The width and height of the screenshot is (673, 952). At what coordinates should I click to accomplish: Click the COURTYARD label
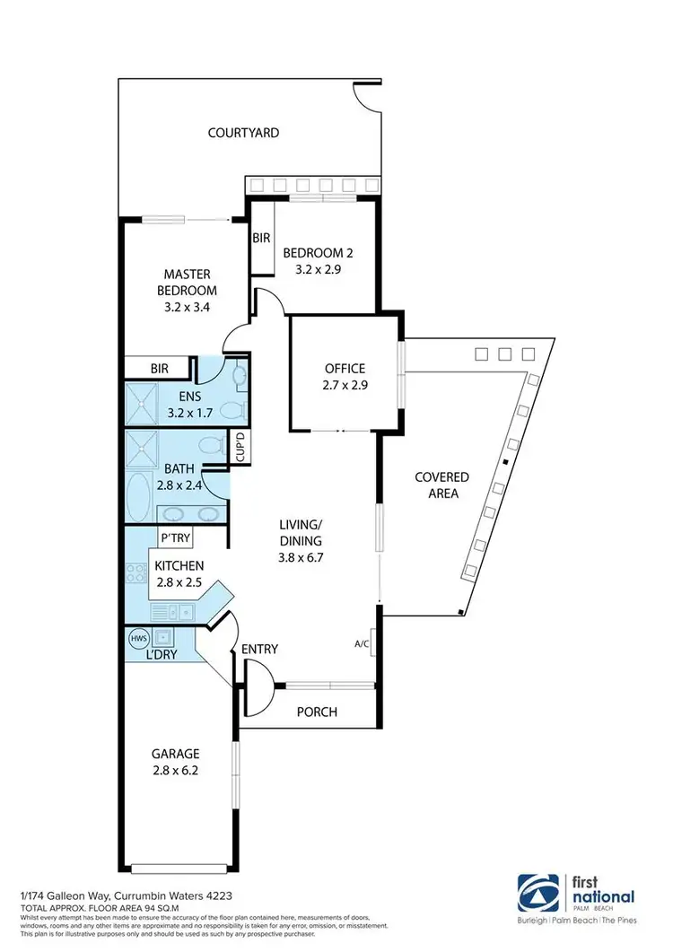click(243, 133)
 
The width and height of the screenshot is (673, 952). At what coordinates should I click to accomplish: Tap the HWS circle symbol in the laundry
click(138, 639)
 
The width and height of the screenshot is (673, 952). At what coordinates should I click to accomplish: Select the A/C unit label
click(363, 644)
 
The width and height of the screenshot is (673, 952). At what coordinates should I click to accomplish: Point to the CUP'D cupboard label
click(240, 447)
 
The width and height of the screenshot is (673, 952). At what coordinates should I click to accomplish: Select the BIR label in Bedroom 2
click(261, 239)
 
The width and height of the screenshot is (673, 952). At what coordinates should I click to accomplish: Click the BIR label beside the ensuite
click(159, 368)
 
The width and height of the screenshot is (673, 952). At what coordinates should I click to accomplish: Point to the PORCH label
click(317, 712)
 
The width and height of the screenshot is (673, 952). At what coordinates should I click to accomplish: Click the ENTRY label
click(259, 649)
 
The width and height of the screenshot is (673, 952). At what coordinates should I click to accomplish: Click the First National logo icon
click(536, 894)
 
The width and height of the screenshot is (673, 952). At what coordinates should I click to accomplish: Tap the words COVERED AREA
click(441, 485)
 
